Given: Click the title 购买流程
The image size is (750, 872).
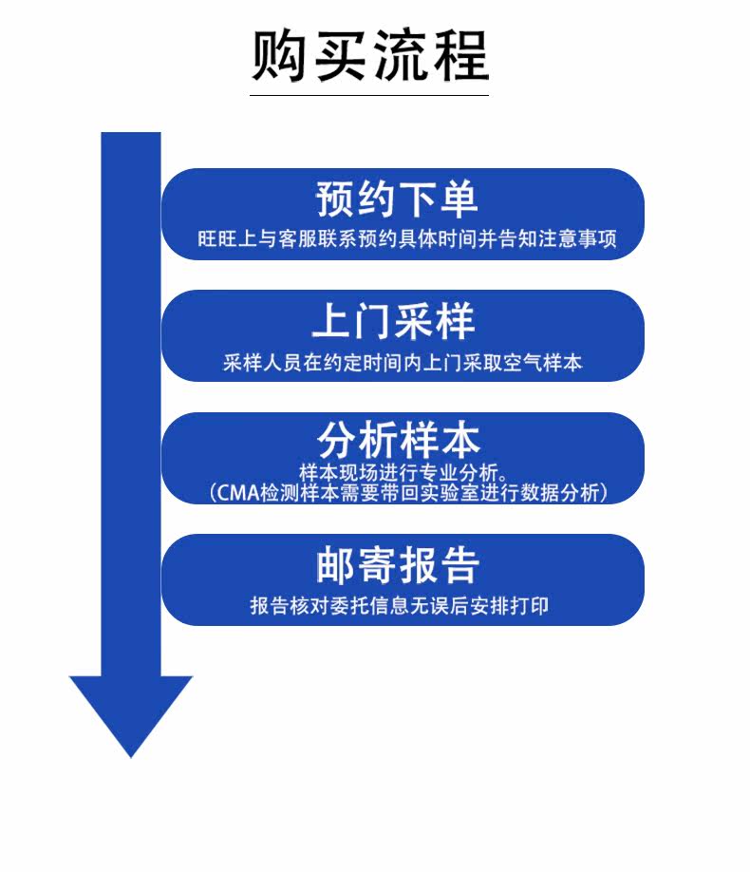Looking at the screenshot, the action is click(369, 55).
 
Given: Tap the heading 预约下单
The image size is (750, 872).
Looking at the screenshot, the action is click(397, 199).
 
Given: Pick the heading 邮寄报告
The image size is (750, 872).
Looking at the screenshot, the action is click(397, 565).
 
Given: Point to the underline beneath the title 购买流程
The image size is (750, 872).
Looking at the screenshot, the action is click(369, 95).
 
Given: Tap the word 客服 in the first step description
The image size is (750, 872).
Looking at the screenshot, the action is click(302, 238).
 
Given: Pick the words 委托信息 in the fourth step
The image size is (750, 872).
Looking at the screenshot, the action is click(361, 605).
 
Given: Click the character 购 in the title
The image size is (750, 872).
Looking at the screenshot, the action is click(281, 55).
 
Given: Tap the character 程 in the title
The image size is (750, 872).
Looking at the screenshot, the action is click(459, 55).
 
